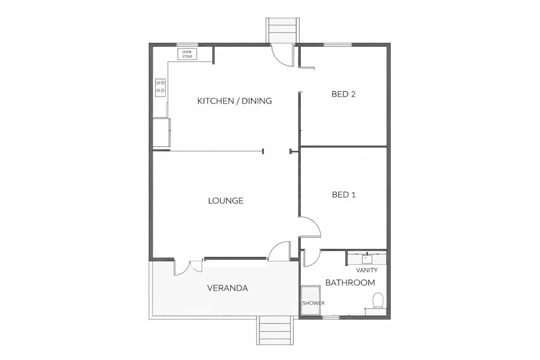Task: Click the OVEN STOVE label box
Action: click(187, 54)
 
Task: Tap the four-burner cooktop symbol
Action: click(160, 87)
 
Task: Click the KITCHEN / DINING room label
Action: click(235, 101)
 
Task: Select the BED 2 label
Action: click(343, 94)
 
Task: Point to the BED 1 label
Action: click(343, 195)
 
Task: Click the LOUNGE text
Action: click(225, 201)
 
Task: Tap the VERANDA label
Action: click(227, 288)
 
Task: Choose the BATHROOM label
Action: click(350, 283)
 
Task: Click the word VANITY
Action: click(367, 270)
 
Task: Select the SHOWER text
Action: click(313, 303)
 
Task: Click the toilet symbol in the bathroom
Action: click(378, 301)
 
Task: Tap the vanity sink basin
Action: click(367, 259)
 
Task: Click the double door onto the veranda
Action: click(188, 266)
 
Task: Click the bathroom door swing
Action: click(311, 258)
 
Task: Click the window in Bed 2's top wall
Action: click(334, 44)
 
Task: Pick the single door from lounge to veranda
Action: click(279, 252)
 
